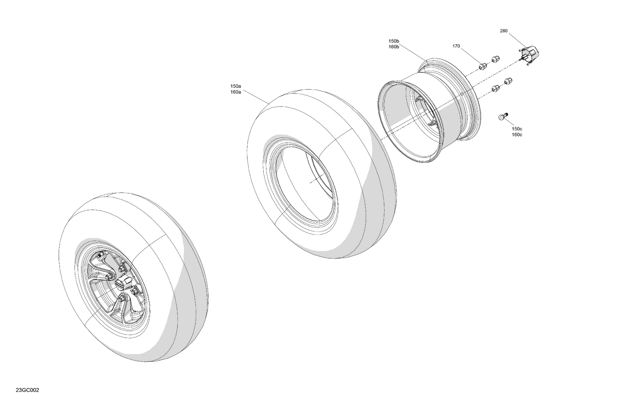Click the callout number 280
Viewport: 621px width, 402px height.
pyautogui.click(x=503, y=31)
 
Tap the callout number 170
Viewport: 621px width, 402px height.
pyautogui.click(x=456, y=46)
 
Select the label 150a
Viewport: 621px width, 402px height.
pyautogui.click(x=236, y=86)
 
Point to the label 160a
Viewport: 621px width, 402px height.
pyautogui.click(x=236, y=92)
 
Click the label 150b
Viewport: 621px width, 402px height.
pyautogui.click(x=394, y=41)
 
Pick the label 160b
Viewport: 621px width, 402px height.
pyautogui.click(x=394, y=47)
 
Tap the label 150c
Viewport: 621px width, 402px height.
pyautogui.click(x=517, y=129)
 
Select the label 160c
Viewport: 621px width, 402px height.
pyautogui.click(x=517, y=135)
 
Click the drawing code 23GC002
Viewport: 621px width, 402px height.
pyautogui.click(x=27, y=390)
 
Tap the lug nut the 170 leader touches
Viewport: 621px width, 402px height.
pyautogui.click(x=482, y=66)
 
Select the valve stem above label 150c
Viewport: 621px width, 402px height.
pyautogui.click(x=503, y=117)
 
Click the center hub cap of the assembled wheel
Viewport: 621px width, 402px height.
pyautogui.click(x=121, y=283)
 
